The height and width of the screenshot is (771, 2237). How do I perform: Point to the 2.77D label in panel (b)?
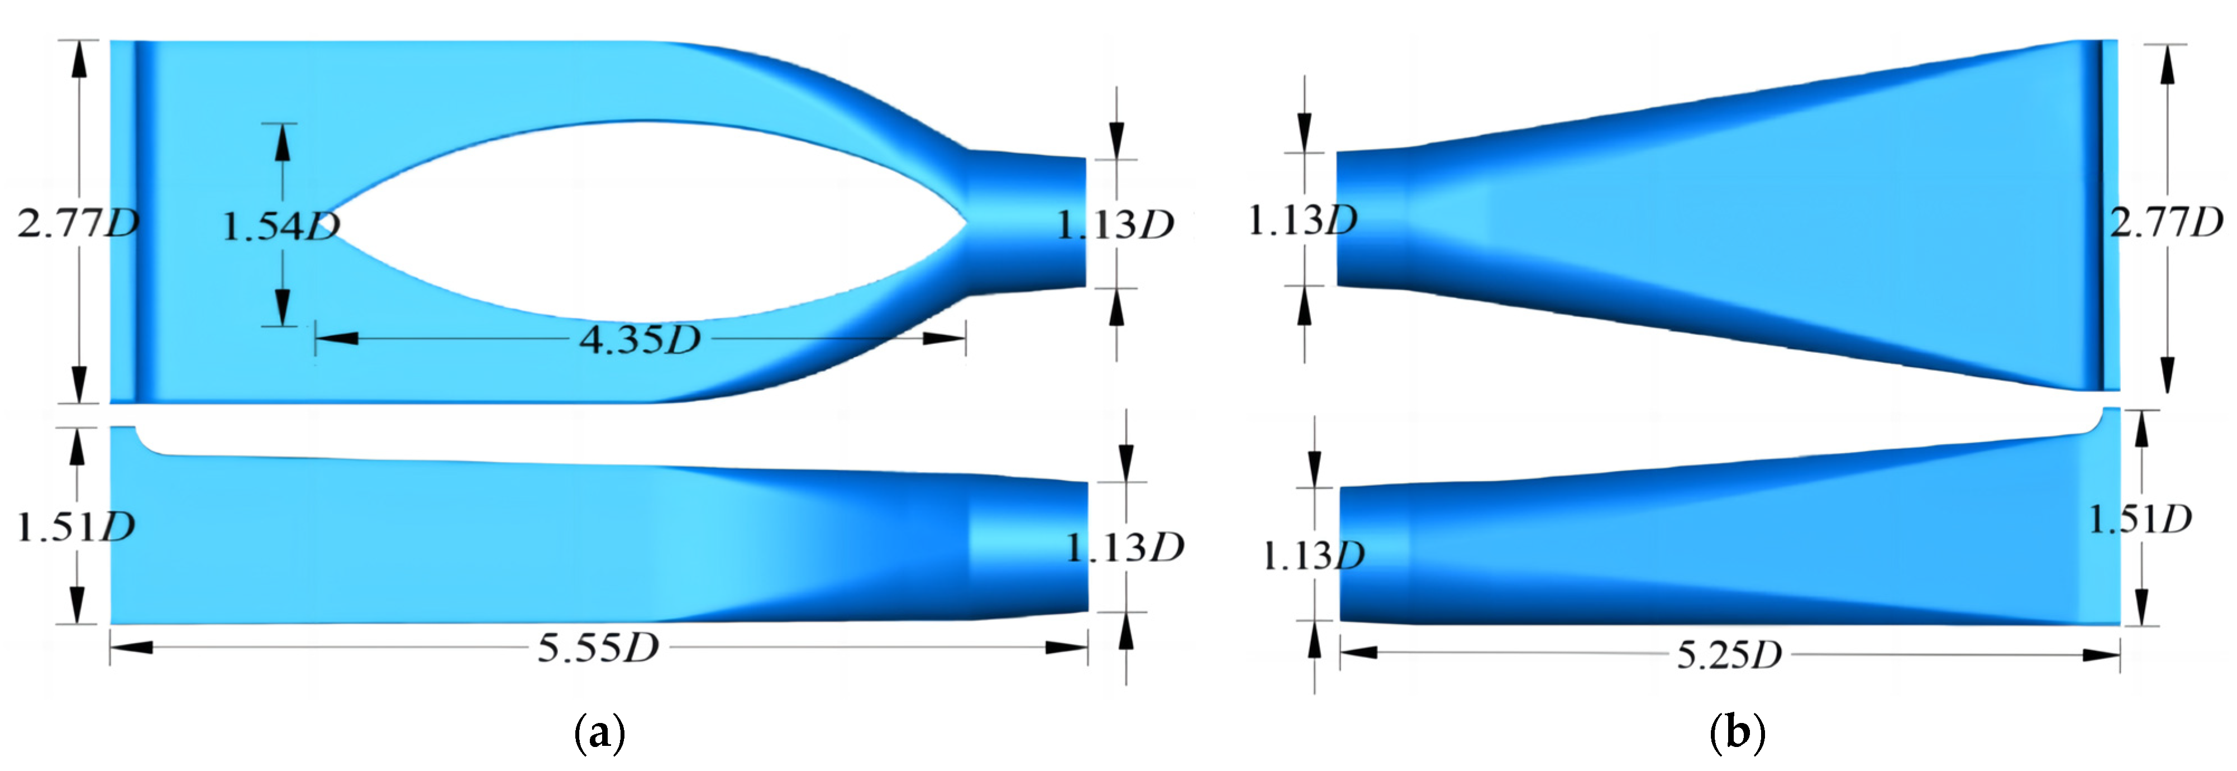[x=2166, y=222]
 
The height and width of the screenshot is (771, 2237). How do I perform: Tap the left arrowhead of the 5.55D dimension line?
[x=130, y=648]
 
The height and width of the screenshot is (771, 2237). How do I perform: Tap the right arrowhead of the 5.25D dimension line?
[x=2101, y=654]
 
